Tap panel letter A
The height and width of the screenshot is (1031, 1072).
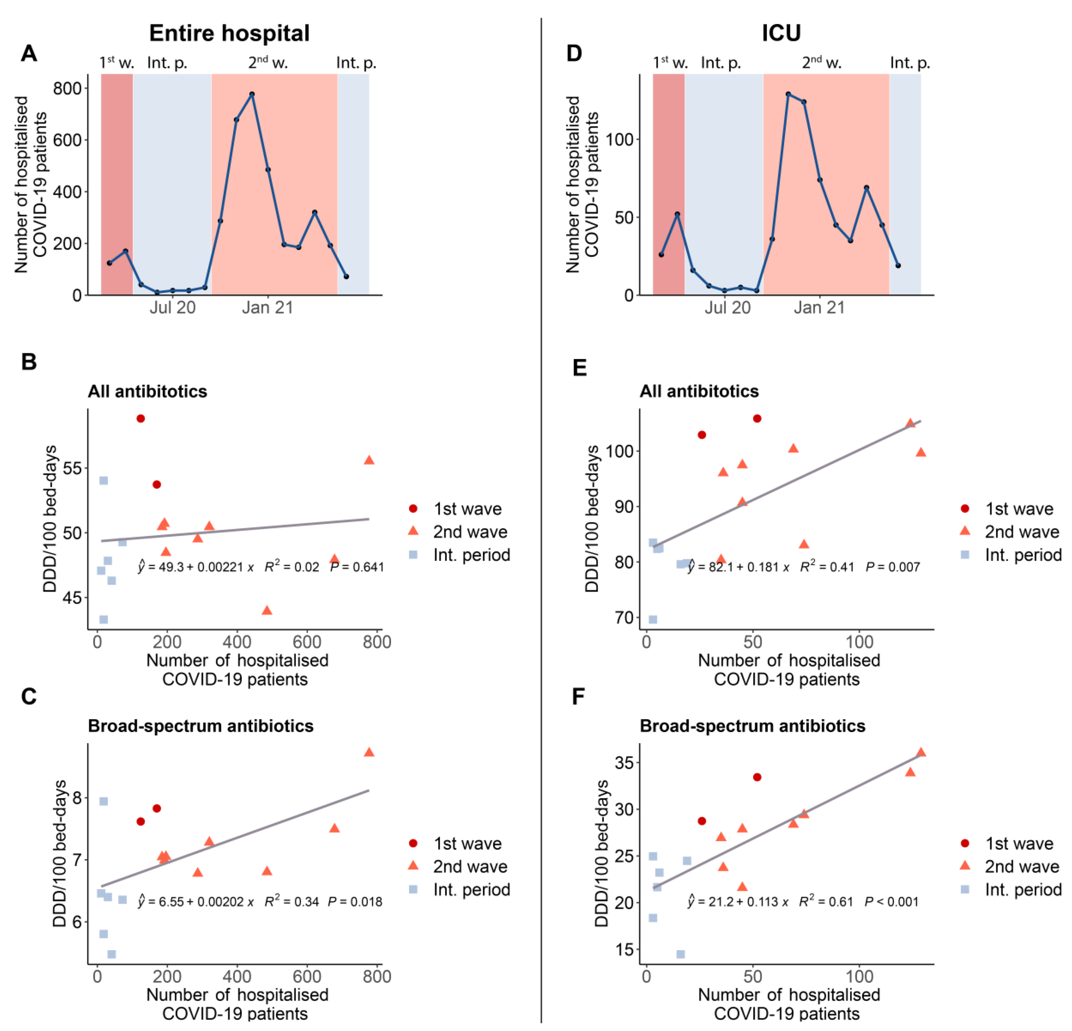(29, 53)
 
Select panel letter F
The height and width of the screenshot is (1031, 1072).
(578, 697)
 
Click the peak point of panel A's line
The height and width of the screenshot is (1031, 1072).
(252, 94)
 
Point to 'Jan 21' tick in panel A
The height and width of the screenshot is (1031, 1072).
(268, 308)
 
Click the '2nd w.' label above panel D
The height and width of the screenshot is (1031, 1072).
(822, 63)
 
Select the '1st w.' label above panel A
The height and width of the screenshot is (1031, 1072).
(117, 63)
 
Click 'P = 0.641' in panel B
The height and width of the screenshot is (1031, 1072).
(356, 567)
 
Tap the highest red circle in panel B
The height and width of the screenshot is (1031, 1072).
(141, 419)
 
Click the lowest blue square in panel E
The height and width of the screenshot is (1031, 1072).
(653, 619)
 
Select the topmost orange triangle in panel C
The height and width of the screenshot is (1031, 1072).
(369, 752)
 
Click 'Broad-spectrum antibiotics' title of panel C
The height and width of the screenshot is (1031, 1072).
(201, 726)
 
